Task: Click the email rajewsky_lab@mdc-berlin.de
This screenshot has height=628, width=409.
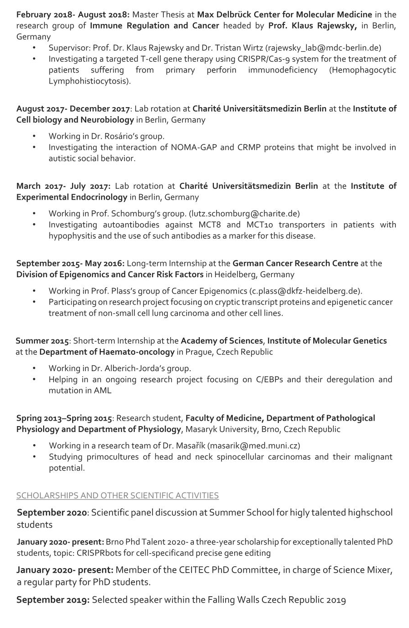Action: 323,48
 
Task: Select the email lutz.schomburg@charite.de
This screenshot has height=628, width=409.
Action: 244,213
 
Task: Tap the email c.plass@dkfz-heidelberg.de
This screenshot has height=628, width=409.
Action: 306,291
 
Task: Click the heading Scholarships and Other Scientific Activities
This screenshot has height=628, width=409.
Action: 118,496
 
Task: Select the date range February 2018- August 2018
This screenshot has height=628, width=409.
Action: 73,15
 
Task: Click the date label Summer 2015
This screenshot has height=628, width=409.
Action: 42,341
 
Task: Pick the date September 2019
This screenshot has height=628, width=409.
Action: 53,600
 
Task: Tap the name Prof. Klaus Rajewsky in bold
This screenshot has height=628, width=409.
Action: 312,26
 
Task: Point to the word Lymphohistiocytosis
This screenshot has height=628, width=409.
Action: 89,81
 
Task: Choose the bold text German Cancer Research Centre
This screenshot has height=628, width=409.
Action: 295,263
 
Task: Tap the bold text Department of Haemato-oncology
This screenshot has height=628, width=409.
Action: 107,352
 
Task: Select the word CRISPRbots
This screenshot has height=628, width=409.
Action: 99,553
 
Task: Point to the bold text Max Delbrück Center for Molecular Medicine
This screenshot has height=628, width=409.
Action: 285,15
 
